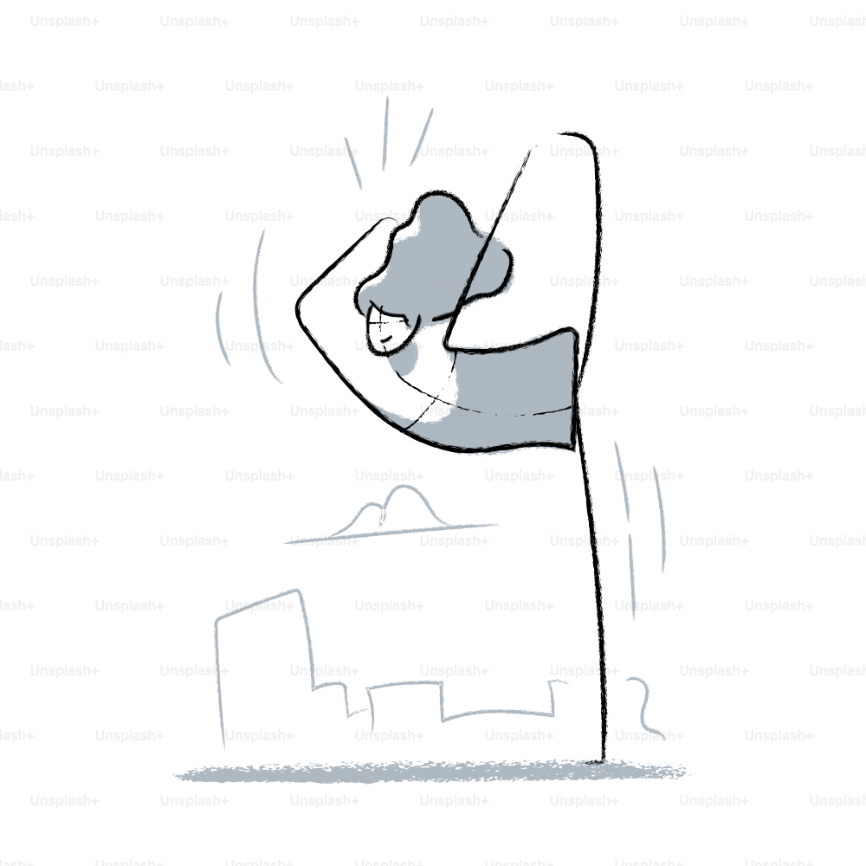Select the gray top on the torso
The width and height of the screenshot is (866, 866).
[x=508, y=392]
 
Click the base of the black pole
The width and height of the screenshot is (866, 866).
[x=603, y=760]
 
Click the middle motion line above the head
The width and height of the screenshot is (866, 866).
[x=385, y=133]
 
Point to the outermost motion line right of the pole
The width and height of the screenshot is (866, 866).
[x=659, y=519]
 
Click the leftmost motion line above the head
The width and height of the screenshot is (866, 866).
[x=353, y=163]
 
